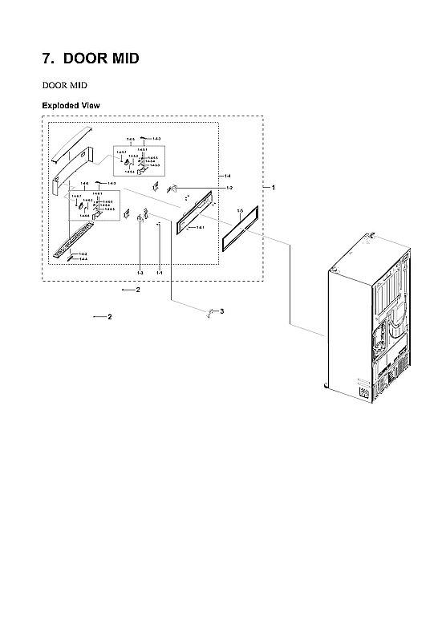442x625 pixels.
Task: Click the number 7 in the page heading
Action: pyautogui.click(x=47, y=60)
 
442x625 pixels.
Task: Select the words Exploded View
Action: pyautogui.click(x=71, y=106)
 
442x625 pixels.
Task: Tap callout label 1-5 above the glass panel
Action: pyautogui.click(x=241, y=209)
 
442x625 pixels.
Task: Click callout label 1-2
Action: pyautogui.click(x=229, y=188)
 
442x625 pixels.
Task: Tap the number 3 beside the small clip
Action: pyautogui.click(x=221, y=310)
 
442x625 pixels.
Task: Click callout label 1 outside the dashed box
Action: pyautogui.click(x=274, y=187)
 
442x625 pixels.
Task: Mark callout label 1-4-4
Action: pyautogui.click(x=83, y=259)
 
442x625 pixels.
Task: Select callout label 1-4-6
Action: pyautogui.click(x=85, y=185)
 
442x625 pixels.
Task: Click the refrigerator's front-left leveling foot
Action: pyautogui.click(x=325, y=386)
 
